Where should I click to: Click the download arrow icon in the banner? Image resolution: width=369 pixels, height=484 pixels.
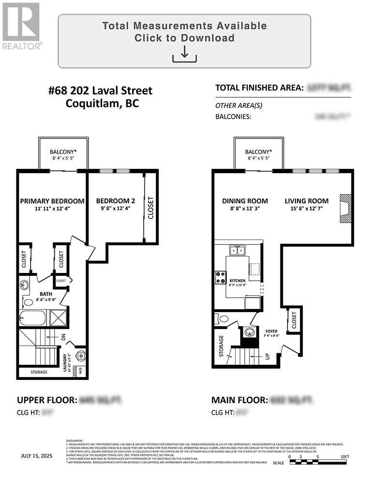(184, 54)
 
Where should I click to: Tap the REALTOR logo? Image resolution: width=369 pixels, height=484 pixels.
(21, 26)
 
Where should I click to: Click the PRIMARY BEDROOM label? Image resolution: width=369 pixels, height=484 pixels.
(52, 201)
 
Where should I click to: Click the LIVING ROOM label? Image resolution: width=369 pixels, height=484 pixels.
(306, 201)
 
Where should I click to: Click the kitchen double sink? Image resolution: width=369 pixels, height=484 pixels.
(237, 250)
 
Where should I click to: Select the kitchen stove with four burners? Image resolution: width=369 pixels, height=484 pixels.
(221, 277)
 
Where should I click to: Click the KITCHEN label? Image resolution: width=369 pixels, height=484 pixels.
(237, 281)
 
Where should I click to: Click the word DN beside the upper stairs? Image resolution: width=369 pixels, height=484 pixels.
(63, 337)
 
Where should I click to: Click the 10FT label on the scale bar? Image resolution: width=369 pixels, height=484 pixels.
(344, 456)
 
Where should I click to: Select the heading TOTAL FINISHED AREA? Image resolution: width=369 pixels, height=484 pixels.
(259, 88)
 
